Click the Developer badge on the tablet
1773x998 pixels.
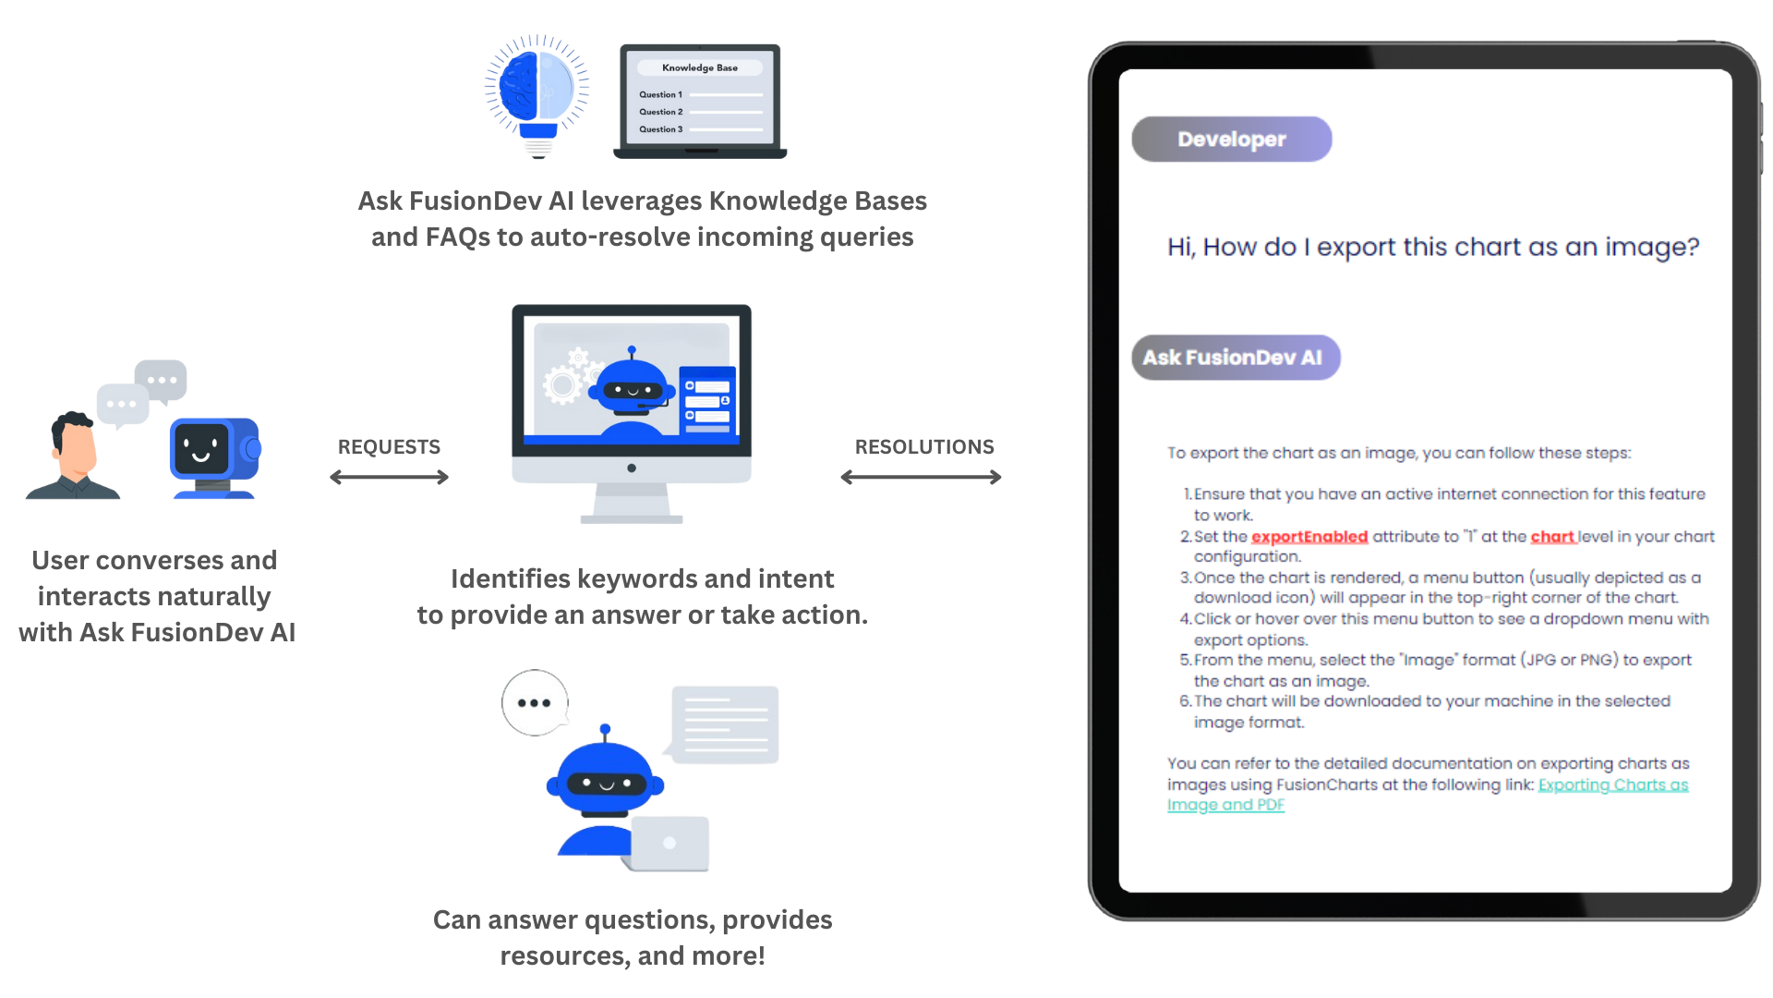coord(1232,140)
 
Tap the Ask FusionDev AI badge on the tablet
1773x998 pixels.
coord(1236,358)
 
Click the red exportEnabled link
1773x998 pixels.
coord(1309,537)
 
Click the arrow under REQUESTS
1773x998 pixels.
coord(390,477)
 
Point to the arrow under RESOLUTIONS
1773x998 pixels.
coord(922,477)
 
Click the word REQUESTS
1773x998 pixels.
coord(389,447)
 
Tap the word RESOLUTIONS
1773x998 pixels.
coord(924,447)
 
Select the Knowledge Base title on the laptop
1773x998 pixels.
coord(700,67)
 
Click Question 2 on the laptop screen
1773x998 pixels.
coord(661,112)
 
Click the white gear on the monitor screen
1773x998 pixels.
coord(561,384)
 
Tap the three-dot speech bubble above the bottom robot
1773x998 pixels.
coord(536,703)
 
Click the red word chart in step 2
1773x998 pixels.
coord(1552,537)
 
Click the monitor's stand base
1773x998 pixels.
coord(632,519)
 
